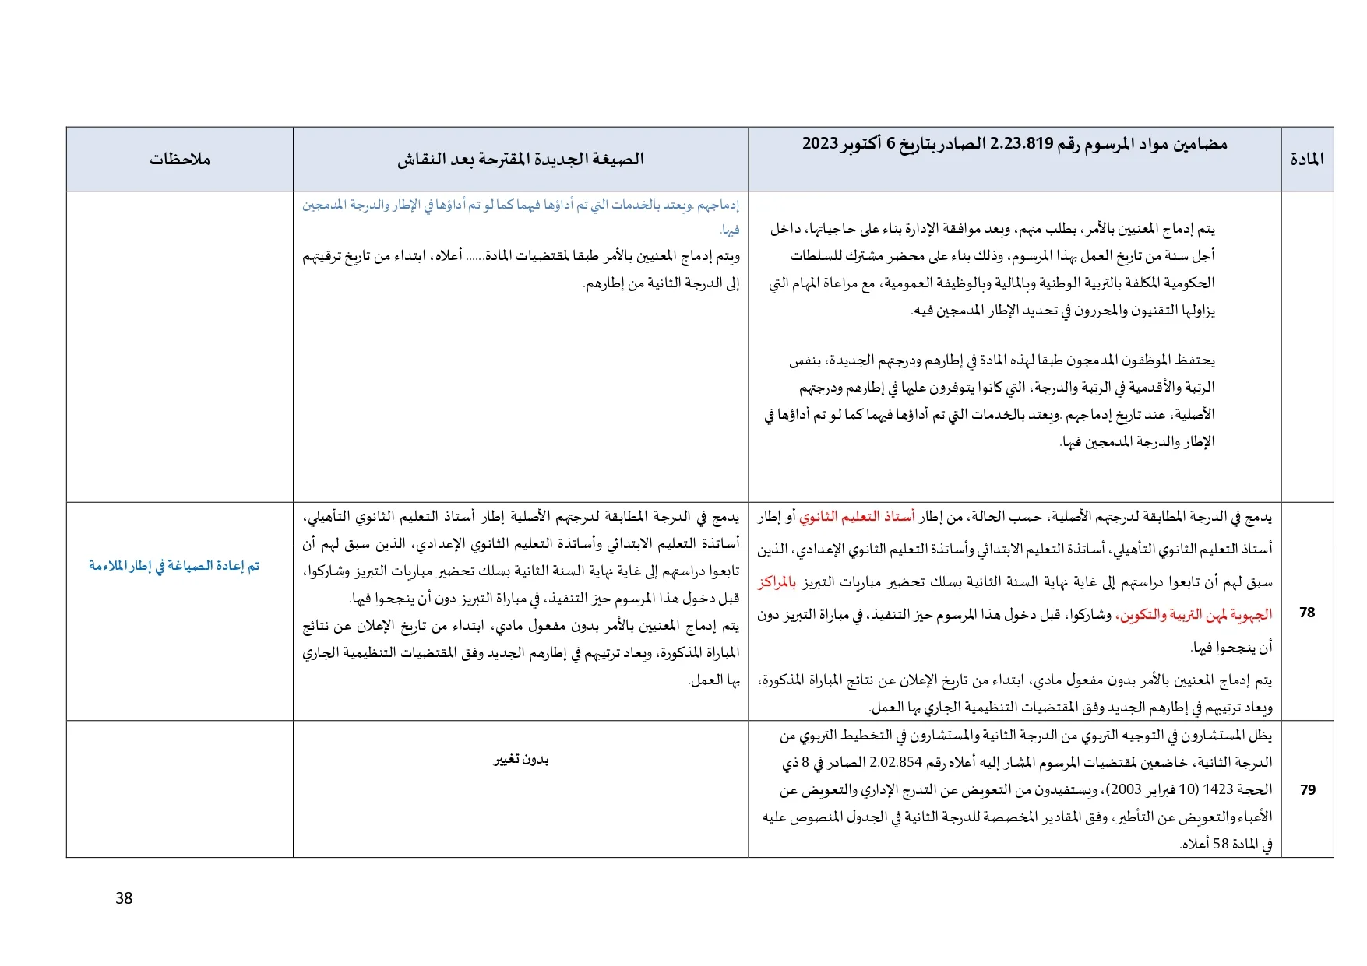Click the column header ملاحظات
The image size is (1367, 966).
pos(180,160)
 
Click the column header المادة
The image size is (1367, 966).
pos(1307,160)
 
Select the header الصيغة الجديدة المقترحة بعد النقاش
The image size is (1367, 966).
pos(520,160)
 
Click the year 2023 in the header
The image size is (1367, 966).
pos(820,144)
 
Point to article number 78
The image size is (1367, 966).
pos(1307,613)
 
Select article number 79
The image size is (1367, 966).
pos(1307,789)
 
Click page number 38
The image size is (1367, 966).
pos(124,898)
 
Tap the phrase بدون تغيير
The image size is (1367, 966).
pos(521,760)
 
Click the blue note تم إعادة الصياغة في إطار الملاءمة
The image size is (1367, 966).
pos(174,566)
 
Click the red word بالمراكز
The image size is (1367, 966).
pos(778,582)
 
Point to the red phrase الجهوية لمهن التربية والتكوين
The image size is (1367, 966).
pos(1195,615)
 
